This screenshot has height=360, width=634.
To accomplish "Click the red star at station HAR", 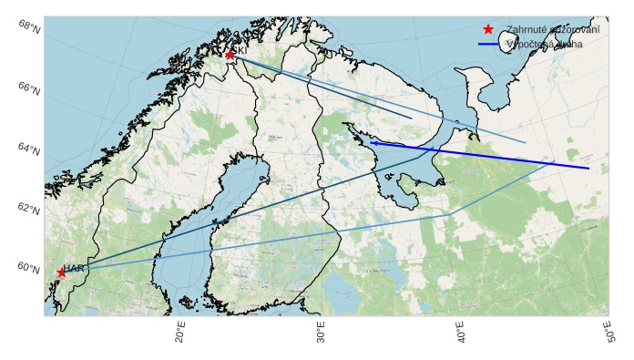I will (x=62, y=273).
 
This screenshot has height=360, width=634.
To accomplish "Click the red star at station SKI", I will (x=230, y=55).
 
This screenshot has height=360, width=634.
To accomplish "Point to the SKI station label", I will (x=242, y=50).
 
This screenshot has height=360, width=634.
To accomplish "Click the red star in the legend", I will (x=489, y=29).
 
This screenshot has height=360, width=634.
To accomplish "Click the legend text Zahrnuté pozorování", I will (x=552, y=29).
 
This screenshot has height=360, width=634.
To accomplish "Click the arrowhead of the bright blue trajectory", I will (x=372, y=142).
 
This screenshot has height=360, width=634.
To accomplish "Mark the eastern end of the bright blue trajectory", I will (x=588, y=168).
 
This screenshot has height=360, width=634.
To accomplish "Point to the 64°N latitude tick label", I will (x=29, y=149).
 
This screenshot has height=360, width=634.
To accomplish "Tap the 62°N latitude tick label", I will (x=29, y=210).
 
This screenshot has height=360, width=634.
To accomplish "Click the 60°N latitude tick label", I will (x=29, y=269).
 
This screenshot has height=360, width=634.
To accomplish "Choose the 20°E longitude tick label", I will (x=180, y=334).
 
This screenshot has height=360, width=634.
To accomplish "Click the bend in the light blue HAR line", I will (x=451, y=214).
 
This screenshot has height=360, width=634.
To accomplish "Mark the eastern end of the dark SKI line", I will (x=411, y=118).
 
